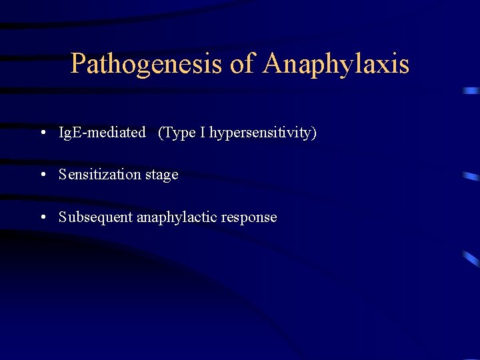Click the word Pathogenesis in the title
click(x=147, y=64)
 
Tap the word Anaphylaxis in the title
click(x=336, y=64)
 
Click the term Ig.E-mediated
click(x=102, y=133)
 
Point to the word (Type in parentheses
click(x=177, y=133)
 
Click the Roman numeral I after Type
click(x=203, y=133)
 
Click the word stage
click(x=162, y=175)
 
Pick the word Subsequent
click(x=95, y=217)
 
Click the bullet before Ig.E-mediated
click(x=43, y=133)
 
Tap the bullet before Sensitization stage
click(x=43, y=175)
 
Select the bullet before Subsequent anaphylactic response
click(x=43, y=217)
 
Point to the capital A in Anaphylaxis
click(x=274, y=64)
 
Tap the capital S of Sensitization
click(x=63, y=175)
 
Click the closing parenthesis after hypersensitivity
click(x=315, y=133)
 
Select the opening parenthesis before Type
click(x=161, y=133)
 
